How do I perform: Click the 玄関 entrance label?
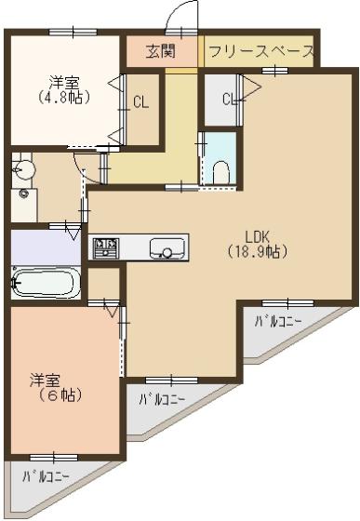(x=161, y=51)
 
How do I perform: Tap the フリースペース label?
(x=261, y=51)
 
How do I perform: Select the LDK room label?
(x=257, y=237)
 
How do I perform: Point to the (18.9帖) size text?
(x=257, y=252)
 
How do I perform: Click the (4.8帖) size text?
(x=64, y=98)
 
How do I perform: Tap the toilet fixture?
(x=220, y=172)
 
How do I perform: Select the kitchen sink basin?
(x=167, y=248)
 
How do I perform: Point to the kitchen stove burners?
(x=106, y=247)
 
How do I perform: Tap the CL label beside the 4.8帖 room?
(x=140, y=102)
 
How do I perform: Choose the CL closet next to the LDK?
(x=220, y=99)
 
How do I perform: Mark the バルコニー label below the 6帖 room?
(x=46, y=477)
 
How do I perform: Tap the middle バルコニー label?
(x=162, y=399)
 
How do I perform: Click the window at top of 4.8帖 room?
(x=73, y=33)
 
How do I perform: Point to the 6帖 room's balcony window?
(x=54, y=458)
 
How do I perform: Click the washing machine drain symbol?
(x=23, y=194)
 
